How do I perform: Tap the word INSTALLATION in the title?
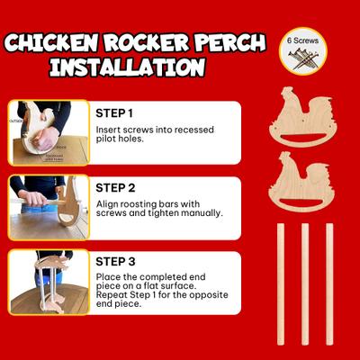click(126, 67)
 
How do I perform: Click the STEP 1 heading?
click(114, 113)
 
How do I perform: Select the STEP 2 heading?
click(115, 188)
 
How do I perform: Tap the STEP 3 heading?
click(115, 262)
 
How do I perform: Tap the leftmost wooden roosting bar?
click(280, 283)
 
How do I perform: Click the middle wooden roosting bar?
click(305, 283)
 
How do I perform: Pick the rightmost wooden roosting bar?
click(329, 283)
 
